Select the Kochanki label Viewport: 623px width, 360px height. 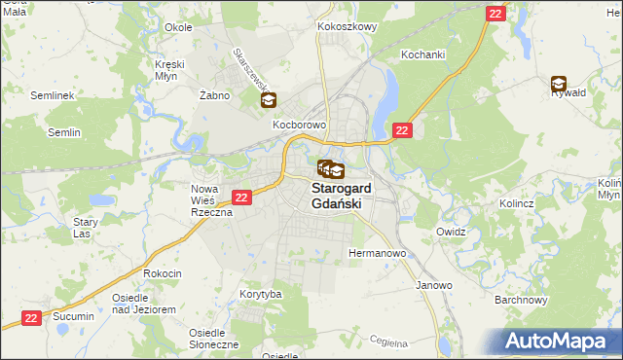click(x=422, y=54)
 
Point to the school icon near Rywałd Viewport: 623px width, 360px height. click(x=559, y=84)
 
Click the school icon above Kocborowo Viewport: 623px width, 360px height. click(x=269, y=99)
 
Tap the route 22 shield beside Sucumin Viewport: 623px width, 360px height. click(x=32, y=317)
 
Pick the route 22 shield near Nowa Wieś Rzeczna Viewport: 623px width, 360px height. click(x=242, y=197)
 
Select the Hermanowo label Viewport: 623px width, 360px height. click(x=377, y=253)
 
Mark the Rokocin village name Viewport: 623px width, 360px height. click(x=163, y=273)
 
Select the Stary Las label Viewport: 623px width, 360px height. click(x=86, y=228)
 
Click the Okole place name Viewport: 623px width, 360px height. click(x=178, y=27)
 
